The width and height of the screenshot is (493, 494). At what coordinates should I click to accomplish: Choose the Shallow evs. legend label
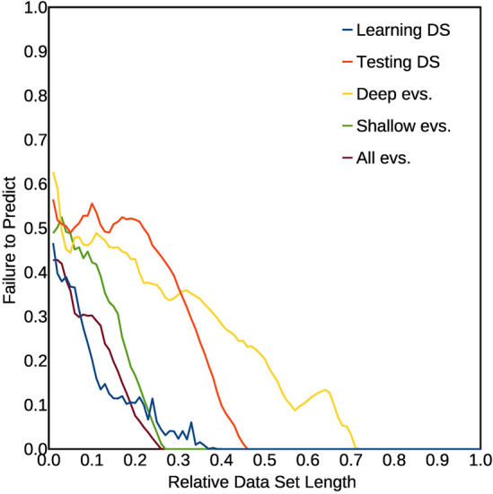(x=403, y=126)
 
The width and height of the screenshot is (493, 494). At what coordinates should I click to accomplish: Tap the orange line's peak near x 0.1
(x=92, y=204)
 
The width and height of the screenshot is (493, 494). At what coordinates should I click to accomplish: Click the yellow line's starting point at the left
(x=53, y=172)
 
